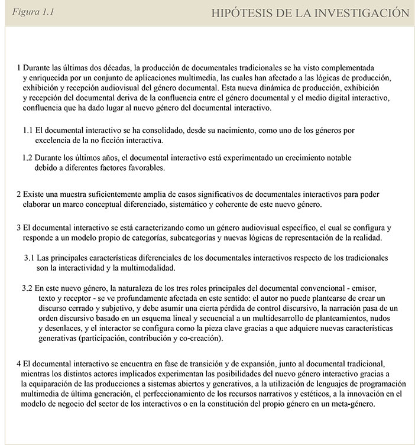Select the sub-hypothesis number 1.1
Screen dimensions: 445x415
(x=27, y=129)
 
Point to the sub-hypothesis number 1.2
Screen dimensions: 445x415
(x=27, y=158)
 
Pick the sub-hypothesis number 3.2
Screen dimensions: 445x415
(x=27, y=287)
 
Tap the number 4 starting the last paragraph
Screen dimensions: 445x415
(x=20, y=363)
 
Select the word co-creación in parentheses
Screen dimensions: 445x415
(x=199, y=339)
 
